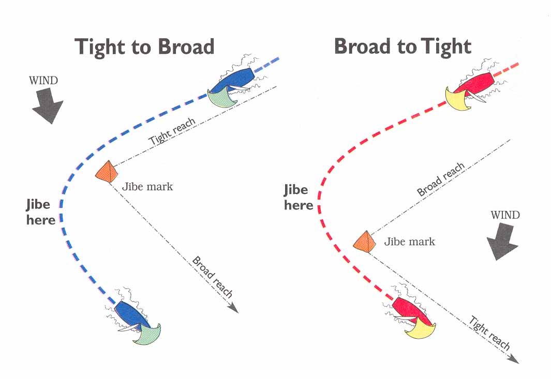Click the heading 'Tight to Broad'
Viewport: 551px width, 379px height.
(x=144, y=47)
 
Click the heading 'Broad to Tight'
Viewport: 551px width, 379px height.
(x=403, y=47)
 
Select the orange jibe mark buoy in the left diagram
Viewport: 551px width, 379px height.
(x=108, y=172)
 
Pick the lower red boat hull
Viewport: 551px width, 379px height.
(x=410, y=309)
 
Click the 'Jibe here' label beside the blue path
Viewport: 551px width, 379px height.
(x=40, y=213)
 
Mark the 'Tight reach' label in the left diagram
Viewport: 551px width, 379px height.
(x=172, y=132)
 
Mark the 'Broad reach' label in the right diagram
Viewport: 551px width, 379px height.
(x=441, y=179)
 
